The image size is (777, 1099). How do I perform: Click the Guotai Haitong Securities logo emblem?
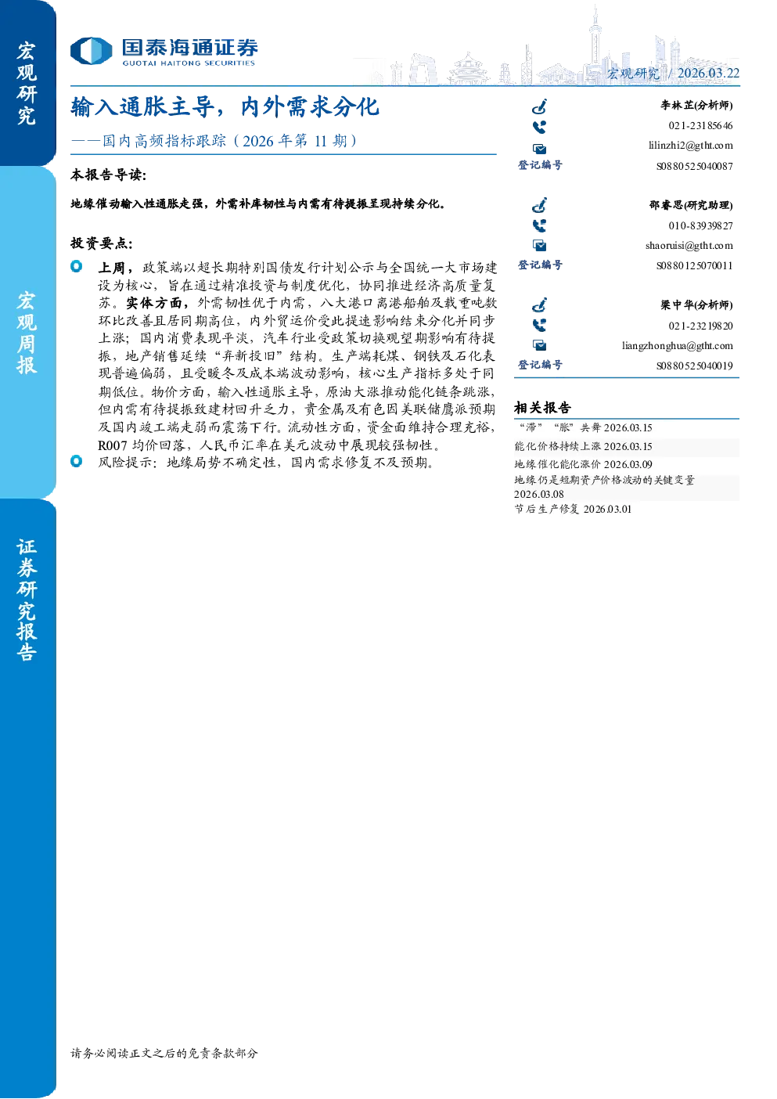coord(92,51)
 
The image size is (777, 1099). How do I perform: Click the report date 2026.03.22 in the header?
coord(708,73)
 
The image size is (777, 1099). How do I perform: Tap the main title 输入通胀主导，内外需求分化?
coord(225,106)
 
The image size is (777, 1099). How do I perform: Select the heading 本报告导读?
coord(109,175)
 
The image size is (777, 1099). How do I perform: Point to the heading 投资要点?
coord(102,243)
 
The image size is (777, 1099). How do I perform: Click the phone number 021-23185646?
coord(700,125)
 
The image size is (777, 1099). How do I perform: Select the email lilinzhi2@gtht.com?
coord(691,146)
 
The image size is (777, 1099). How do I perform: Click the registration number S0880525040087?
coord(695,166)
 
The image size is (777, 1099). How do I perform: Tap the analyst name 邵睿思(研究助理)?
coord(691,205)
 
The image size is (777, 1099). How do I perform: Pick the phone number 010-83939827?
coord(700,225)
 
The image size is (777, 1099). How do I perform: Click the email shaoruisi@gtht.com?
coord(689,245)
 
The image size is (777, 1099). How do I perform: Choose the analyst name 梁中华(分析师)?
coord(696,305)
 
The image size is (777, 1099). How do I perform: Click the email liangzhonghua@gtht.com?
coord(678,345)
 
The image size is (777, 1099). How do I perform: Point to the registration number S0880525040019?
coord(695,366)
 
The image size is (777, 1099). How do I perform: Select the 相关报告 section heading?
coord(542,407)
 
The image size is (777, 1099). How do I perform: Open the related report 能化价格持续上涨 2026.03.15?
coord(583,446)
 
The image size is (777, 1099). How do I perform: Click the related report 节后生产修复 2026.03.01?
coord(573,509)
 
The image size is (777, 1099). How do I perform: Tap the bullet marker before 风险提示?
coord(76,461)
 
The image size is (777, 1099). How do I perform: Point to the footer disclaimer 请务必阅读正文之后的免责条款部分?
coord(164,1052)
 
